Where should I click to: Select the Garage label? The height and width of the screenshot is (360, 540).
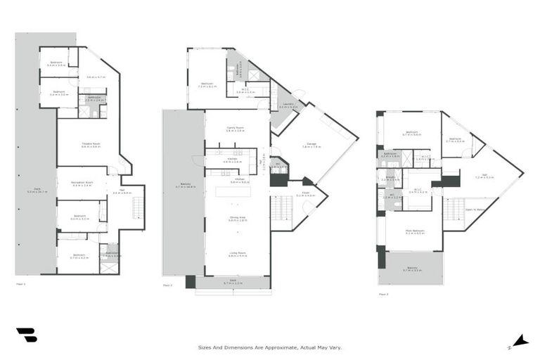pyautogui.click(x=311, y=145)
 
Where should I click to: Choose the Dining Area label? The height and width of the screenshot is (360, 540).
pyautogui.click(x=236, y=219)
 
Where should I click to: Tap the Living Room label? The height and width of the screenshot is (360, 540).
pyautogui.click(x=236, y=255)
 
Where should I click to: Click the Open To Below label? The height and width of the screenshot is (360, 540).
pyautogui.click(x=475, y=209)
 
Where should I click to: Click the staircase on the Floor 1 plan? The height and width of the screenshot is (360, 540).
pyautogui.click(x=137, y=207)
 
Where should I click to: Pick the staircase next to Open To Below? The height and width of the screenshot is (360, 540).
pyautogui.click(x=453, y=209)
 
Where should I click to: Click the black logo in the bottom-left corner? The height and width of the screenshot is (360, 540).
pyautogui.click(x=26, y=335)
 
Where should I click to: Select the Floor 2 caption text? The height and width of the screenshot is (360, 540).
pyautogui.click(x=167, y=285)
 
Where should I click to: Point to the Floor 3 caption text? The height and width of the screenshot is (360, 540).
pyautogui.click(x=383, y=294)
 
